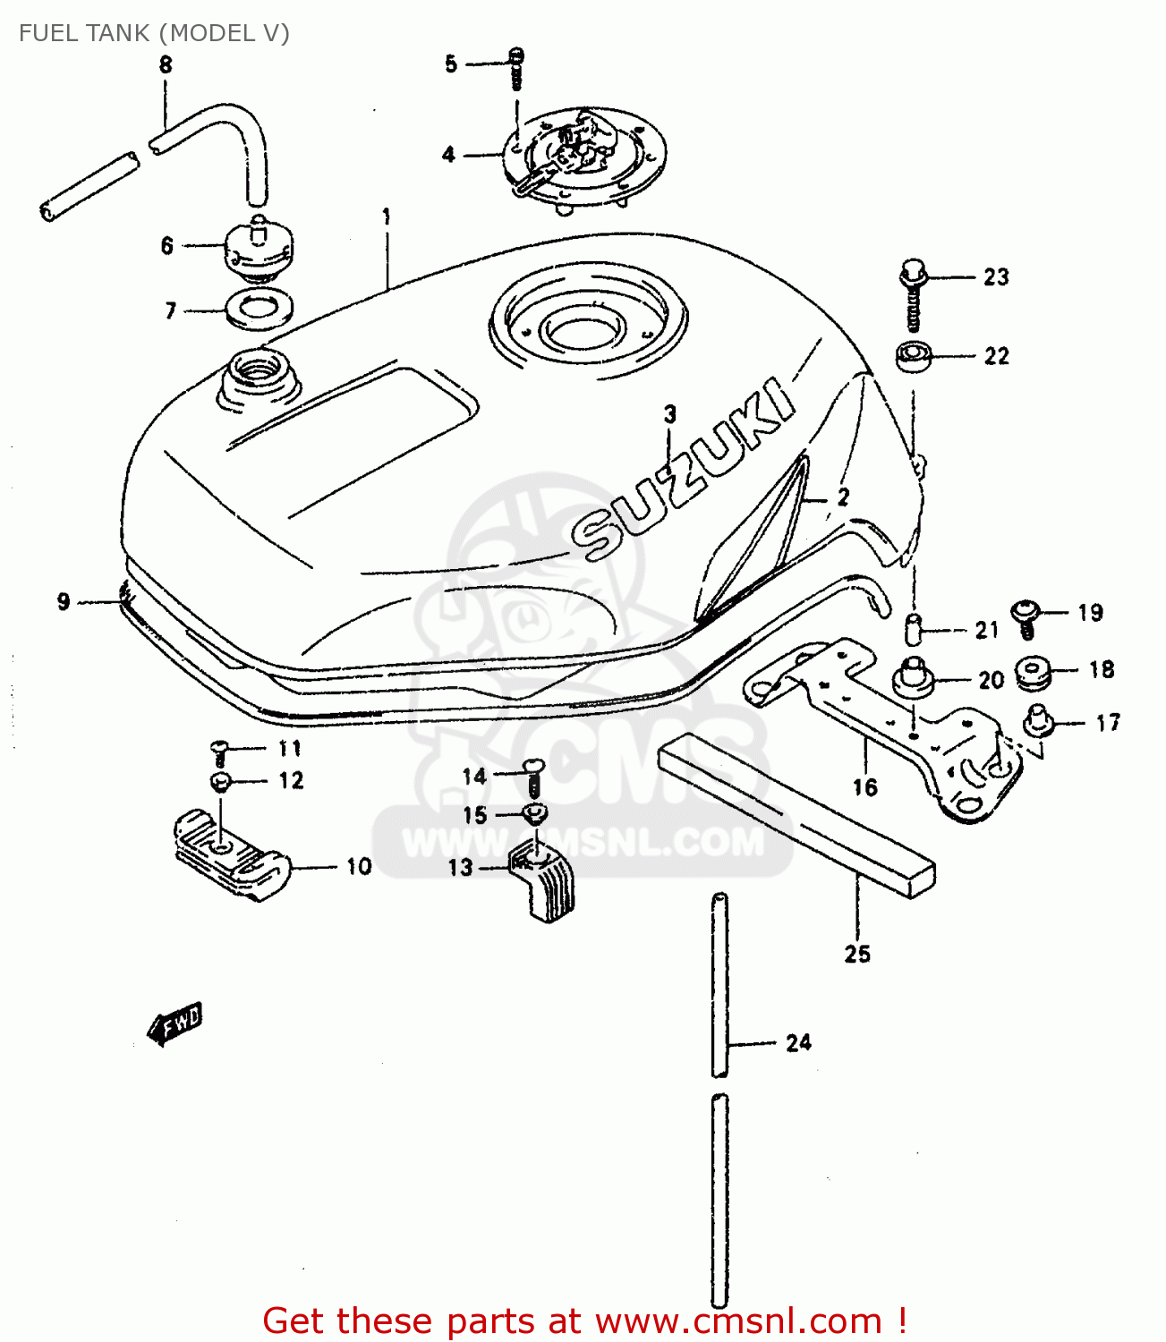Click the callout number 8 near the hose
click(166, 64)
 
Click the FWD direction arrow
click(176, 1023)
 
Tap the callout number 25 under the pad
click(856, 954)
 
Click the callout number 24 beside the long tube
click(798, 1042)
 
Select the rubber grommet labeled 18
click(1034, 672)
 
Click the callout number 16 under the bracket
click(864, 787)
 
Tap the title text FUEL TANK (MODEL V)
click(154, 33)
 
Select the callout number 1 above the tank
click(387, 217)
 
